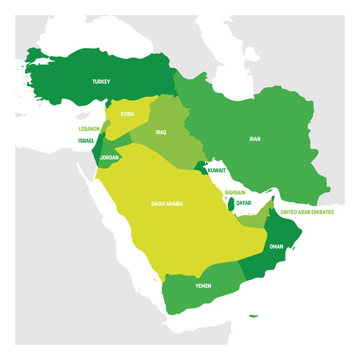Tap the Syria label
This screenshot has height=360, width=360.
point(127,114)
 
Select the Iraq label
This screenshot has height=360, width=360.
point(161,133)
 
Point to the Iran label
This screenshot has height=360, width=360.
point(254,139)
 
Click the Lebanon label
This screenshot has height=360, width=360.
point(88,128)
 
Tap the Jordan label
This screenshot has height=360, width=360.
point(110,158)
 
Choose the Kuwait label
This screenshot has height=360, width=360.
point(217,170)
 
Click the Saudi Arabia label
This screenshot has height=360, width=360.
point(166,204)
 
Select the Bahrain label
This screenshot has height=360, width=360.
point(234,193)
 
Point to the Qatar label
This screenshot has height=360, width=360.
point(244,202)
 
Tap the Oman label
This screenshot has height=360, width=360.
point(276,246)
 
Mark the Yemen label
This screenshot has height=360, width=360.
point(204,284)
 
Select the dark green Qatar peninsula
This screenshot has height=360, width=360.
point(230,206)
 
